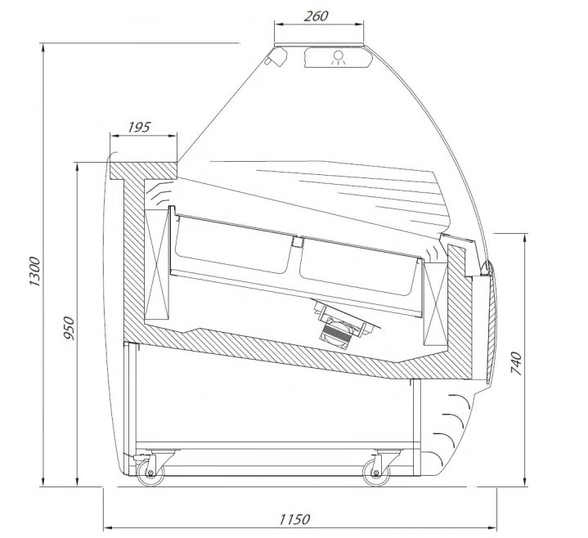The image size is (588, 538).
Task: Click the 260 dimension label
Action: tap(316, 16)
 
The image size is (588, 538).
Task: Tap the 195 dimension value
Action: tap(139, 128)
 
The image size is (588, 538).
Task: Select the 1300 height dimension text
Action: tap(34, 271)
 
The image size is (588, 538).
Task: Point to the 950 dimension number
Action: tap(69, 329)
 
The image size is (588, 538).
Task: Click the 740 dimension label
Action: tap(516, 363)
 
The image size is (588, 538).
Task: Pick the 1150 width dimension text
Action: tap(294, 520)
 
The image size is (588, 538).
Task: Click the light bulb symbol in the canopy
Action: tap(339, 58)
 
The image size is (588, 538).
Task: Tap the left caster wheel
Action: tap(150, 473)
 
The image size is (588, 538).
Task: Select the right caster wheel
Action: tap(376, 473)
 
